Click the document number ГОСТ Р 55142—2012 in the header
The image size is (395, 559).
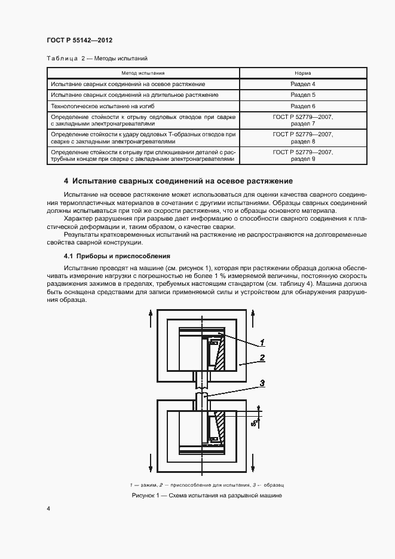[x=79, y=40]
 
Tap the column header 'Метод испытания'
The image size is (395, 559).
[x=143, y=73]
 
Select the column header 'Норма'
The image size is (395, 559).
[x=303, y=73]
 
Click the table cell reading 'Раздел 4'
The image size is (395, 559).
[x=303, y=84]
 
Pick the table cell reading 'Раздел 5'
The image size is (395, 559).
[x=303, y=95]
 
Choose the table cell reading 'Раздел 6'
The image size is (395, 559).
[x=303, y=106]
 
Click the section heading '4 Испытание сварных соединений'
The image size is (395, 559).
[x=178, y=181]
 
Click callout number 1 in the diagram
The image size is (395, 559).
[x=262, y=343]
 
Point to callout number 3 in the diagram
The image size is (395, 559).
[x=262, y=383]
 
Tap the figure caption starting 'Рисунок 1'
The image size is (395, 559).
[x=207, y=496]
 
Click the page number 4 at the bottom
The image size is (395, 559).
[x=48, y=509]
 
